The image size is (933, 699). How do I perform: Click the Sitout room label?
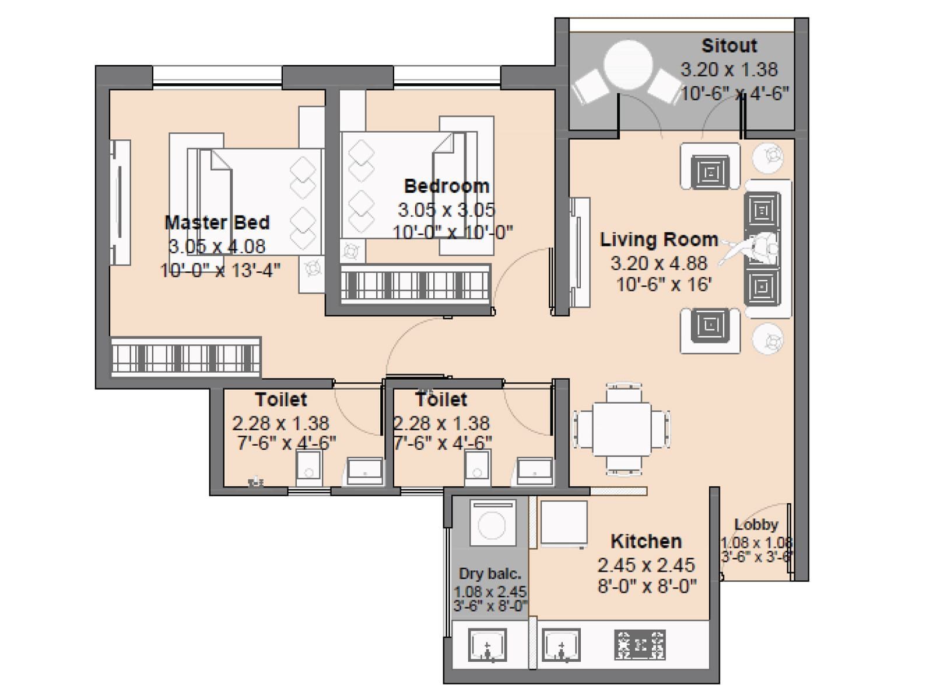pyautogui.click(x=729, y=45)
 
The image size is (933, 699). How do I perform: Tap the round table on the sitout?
pyautogui.click(x=628, y=65)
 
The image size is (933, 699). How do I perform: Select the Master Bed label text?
pyautogui.click(x=217, y=223)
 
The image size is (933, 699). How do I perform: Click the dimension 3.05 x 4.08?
pyautogui.click(x=217, y=246)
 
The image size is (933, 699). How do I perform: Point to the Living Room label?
pyautogui.click(x=659, y=239)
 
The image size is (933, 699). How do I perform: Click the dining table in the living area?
pyautogui.click(x=622, y=429)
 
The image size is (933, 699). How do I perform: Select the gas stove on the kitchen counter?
pyautogui.click(x=640, y=645)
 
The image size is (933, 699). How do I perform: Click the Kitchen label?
pyautogui.click(x=646, y=541)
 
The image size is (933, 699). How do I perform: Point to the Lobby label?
pyautogui.click(x=756, y=524)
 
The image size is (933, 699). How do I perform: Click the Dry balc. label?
pyautogui.click(x=490, y=574)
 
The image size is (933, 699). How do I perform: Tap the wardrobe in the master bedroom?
pyautogui.click(x=185, y=355)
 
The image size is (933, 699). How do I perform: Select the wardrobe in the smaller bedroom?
pyautogui.click(x=415, y=284)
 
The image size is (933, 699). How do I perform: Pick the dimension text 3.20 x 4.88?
pyautogui.click(x=659, y=263)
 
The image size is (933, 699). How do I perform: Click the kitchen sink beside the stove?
pyautogui.click(x=561, y=645)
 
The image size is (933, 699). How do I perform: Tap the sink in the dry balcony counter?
pyautogui.click(x=487, y=645)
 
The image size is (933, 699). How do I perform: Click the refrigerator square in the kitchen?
pyautogui.click(x=563, y=523)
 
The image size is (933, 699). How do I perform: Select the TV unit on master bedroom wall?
pyautogui.click(x=121, y=202)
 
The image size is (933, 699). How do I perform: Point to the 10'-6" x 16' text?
pyautogui.click(x=664, y=285)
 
